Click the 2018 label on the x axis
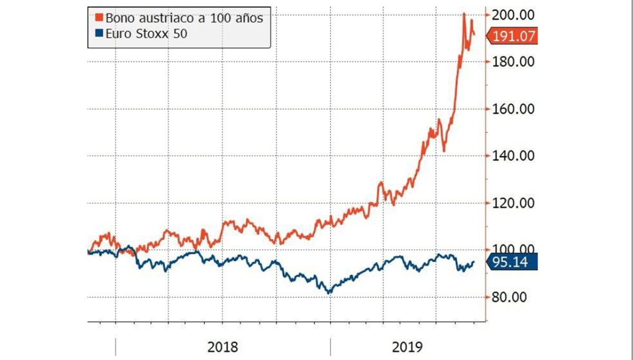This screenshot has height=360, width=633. click(x=223, y=347)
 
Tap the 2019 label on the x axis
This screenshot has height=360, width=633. click(x=407, y=347)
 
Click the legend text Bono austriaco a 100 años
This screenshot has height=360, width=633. click(x=184, y=17)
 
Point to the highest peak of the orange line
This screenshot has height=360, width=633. click(x=464, y=14)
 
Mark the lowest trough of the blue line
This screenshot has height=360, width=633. click(x=330, y=292)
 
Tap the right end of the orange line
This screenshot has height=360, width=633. click(x=474, y=35)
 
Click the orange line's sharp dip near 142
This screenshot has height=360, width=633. click(x=444, y=151)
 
